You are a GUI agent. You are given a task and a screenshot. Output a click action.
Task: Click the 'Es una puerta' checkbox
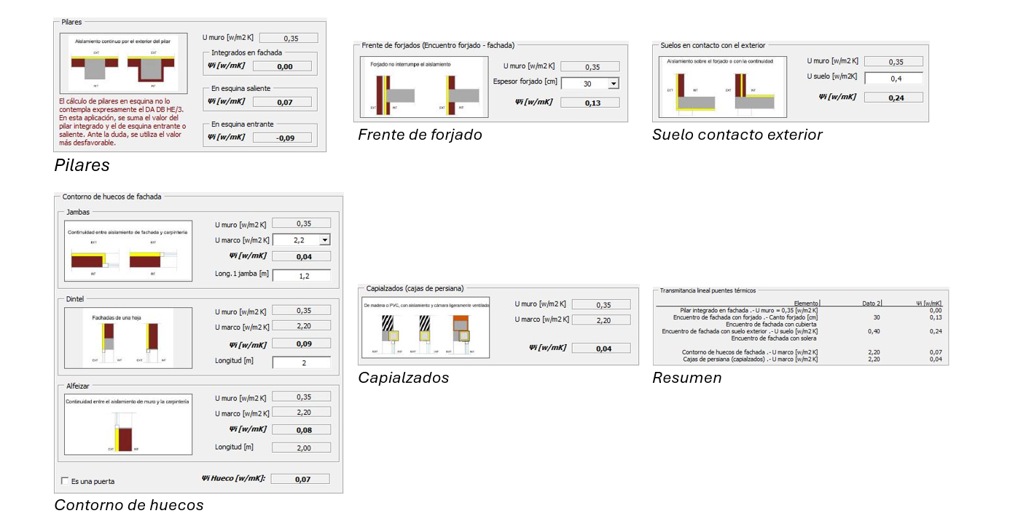tap(66, 481)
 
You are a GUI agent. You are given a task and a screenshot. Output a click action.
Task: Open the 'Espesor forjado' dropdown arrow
tap(613, 84)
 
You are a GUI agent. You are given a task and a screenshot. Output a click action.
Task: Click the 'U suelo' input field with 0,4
tap(893, 79)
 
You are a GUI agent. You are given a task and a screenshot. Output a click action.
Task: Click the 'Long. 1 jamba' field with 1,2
tap(302, 276)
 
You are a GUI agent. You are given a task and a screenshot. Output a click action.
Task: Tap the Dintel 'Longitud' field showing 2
tap(302, 362)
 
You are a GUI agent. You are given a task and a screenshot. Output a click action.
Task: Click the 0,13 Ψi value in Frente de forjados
tap(592, 103)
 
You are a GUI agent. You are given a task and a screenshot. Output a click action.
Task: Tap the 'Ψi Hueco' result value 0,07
tap(302, 479)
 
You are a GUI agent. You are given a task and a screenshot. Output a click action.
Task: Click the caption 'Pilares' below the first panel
tap(82, 165)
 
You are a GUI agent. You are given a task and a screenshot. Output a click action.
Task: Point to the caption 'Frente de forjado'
tap(420, 135)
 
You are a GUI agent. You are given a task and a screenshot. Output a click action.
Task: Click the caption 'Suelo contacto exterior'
tap(737, 135)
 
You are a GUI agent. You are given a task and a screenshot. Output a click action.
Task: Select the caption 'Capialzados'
tap(403, 378)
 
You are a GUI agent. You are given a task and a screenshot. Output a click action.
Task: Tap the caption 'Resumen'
tap(686, 378)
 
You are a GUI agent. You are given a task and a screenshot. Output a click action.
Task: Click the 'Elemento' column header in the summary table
tap(806, 303)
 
